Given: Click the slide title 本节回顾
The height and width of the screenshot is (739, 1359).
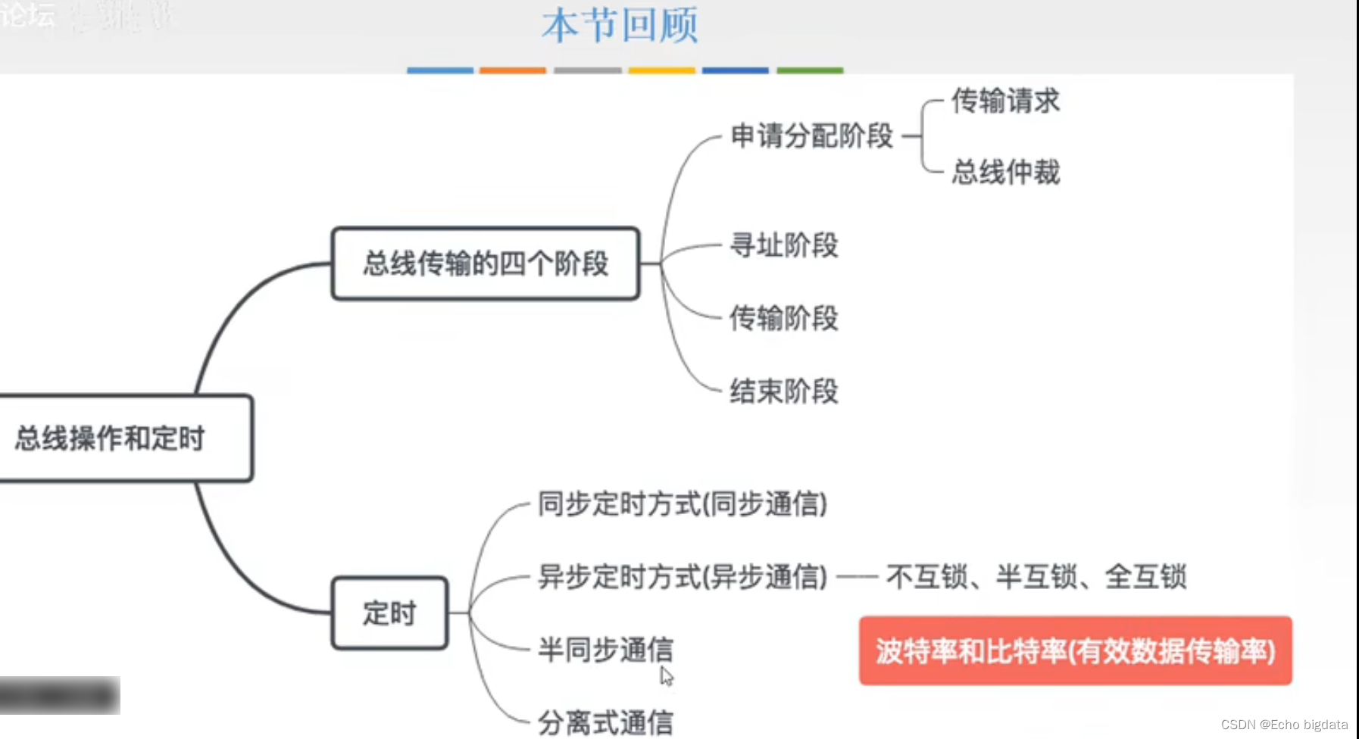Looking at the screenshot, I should click(x=620, y=26).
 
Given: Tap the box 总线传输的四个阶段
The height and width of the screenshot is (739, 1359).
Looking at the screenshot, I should click(x=486, y=263).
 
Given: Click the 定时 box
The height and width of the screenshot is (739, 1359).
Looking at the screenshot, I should click(x=389, y=613).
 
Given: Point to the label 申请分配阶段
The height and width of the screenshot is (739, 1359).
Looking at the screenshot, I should click(x=811, y=136).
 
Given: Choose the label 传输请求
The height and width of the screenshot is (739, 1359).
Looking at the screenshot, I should click(x=1005, y=101).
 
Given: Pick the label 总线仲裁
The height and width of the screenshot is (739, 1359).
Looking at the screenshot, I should click(x=1005, y=172).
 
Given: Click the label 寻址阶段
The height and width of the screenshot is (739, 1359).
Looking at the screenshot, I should click(x=783, y=245).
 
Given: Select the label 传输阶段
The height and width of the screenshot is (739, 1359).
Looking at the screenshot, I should click(x=783, y=318).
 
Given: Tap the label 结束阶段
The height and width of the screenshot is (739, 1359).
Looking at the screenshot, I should click(x=783, y=391).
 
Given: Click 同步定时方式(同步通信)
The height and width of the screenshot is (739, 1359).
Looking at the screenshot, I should click(x=682, y=504).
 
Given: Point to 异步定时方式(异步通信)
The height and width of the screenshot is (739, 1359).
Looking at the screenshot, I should click(x=682, y=577).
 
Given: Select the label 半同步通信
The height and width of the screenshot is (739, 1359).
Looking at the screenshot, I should click(x=605, y=649).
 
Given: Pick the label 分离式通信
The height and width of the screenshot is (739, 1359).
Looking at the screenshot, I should click(x=605, y=722).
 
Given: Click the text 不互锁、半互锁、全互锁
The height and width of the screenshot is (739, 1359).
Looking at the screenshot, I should click(x=1036, y=577).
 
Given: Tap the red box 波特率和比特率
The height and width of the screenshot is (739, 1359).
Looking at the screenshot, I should click(x=1075, y=651).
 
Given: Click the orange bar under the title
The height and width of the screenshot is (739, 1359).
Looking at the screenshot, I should click(x=513, y=70).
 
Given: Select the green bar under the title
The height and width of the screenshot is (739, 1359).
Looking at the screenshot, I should click(x=810, y=70).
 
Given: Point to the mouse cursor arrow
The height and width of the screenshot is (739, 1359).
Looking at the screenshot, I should click(x=666, y=675).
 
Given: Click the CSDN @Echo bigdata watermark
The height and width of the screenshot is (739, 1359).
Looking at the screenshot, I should click(x=1284, y=725).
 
